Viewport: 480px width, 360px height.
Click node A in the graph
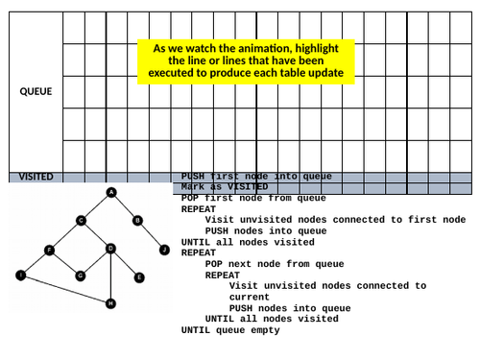(110, 193)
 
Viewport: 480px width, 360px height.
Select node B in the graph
(137, 220)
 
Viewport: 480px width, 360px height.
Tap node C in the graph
(81, 220)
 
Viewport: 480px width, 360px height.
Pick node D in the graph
(110, 249)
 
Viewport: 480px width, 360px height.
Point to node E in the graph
(139, 277)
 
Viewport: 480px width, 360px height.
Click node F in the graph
(50, 250)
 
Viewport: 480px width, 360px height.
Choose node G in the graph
(81, 276)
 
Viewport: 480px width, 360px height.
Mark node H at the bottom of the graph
(110, 303)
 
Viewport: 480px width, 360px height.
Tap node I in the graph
(20, 276)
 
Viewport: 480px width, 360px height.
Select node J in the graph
(164, 250)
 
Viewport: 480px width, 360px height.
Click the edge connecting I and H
(65, 289)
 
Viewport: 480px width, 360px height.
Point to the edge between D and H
(110, 276)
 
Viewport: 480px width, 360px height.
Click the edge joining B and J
(151, 235)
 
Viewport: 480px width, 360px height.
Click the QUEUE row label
(36, 91)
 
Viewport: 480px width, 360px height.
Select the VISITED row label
(36, 177)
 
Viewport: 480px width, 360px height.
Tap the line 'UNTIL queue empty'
(230, 329)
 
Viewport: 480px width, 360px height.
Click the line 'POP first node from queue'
(253, 198)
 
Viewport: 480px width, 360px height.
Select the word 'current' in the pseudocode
(250, 297)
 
